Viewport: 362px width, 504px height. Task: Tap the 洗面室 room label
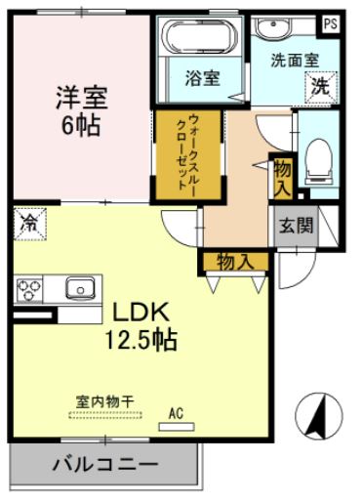click(295, 59)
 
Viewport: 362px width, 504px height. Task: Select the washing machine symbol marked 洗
click(321, 86)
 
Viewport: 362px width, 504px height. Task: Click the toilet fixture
click(317, 158)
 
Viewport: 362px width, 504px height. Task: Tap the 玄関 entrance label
click(297, 226)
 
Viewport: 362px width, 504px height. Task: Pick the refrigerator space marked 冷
click(29, 224)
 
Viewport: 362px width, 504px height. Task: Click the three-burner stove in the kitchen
click(30, 290)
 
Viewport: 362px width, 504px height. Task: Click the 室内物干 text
click(104, 400)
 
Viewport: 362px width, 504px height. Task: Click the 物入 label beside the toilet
click(283, 176)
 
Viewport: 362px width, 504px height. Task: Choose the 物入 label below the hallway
click(234, 261)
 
